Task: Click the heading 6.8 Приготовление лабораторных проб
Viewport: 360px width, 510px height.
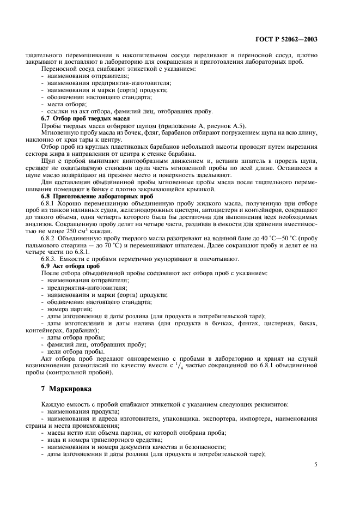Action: tap(95, 195)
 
